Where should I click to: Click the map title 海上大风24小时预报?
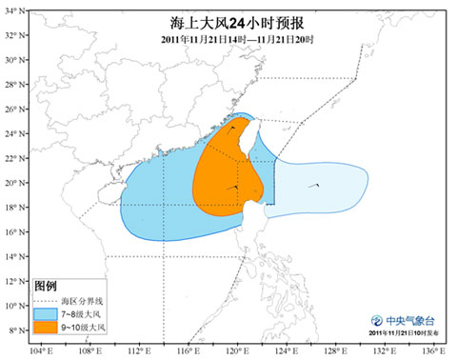pos(228,17)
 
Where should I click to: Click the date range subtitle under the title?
pos(228,36)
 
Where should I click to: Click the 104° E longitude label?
pos(40,351)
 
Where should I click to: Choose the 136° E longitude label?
pos(434,351)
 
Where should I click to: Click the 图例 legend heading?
pos(46,287)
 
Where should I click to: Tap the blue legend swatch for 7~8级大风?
pos(46,312)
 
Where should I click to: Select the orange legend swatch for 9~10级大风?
pos(46,327)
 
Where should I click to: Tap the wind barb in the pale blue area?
pos(318,185)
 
